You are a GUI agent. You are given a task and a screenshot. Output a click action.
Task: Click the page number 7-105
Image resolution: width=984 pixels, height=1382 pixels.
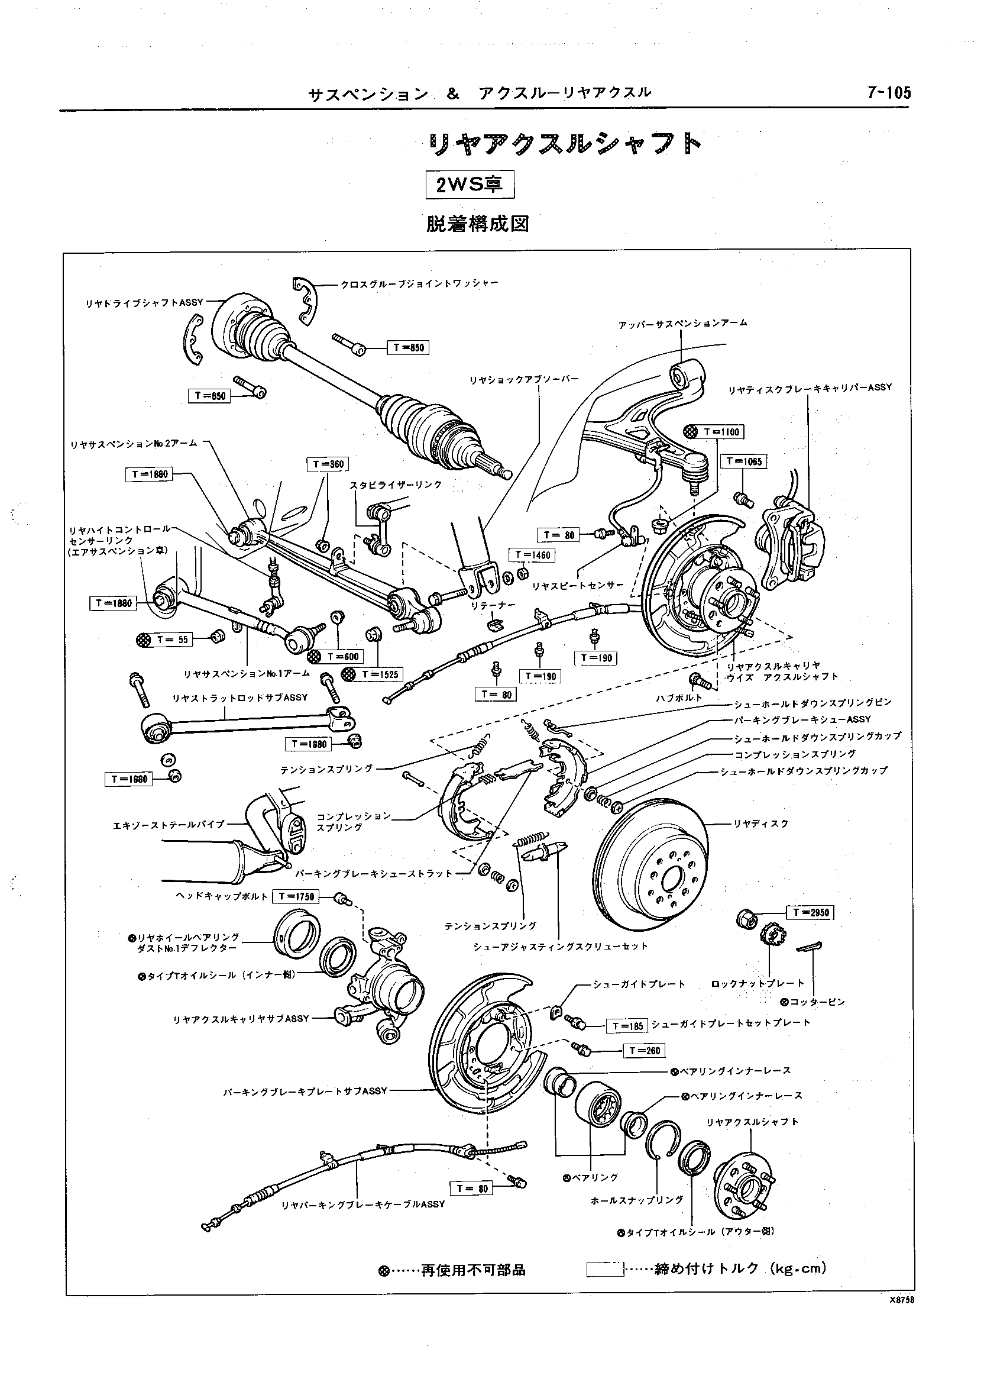click(889, 93)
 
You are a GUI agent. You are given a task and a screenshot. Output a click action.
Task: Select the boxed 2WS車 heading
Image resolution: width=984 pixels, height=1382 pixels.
click(470, 184)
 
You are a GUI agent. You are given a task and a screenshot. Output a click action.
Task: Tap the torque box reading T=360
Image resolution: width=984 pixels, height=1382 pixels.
click(328, 465)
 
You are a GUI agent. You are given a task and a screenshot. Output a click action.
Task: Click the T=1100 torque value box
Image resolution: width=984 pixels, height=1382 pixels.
click(721, 432)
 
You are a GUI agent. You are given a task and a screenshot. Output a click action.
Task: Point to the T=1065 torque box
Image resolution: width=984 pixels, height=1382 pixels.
click(745, 462)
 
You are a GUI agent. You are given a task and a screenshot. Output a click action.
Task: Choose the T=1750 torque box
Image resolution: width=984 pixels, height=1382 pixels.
click(296, 896)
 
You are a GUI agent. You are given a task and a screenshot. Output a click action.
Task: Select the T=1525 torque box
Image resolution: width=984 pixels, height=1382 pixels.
click(380, 674)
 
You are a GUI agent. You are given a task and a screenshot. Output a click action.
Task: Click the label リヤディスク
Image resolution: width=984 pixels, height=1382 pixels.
click(761, 824)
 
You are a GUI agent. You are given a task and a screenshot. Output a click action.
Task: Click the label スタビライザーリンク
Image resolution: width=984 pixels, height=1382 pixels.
click(396, 486)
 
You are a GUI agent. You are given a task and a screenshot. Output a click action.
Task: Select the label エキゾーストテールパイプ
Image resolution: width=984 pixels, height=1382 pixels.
click(169, 824)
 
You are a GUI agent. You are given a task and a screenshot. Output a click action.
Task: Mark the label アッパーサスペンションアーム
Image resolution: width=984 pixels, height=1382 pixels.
click(683, 323)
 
